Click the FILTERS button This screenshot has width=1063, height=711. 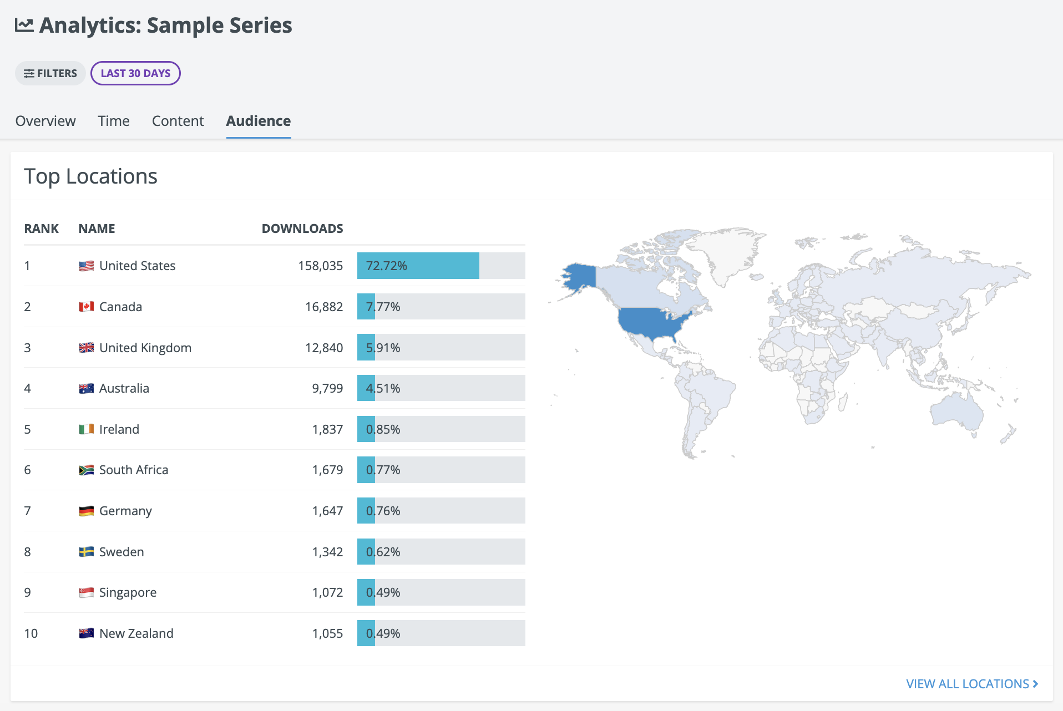pyautogui.click(x=50, y=73)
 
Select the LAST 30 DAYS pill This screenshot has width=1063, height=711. pyautogui.click(x=135, y=73)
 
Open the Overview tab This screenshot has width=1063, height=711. pyautogui.click(x=45, y=121)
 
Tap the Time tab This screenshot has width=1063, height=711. pyautogui.click(x=114, y=121)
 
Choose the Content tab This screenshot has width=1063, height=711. pyautogui.click(x=178, y=121)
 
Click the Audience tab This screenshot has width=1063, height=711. pyautogui.click(x=259, y=121)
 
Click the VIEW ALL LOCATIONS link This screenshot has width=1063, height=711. pyautogui.click(x=972, y=684)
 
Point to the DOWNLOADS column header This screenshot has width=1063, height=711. pyautogui.click(x=302, y=228)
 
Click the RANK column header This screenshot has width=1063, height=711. pyautogui.click(x=42, y=228)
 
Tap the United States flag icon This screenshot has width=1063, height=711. pyautogui.click(x=86, y=266)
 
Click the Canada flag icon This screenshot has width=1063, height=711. pyautogui.click(x=86, y=307)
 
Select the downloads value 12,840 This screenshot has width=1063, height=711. pyautogui.click(x=324, y=348)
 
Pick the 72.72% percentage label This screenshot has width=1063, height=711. pyautogui.click(x=387, y=266)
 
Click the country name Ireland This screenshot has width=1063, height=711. pyautogui.click(x=119, y=429)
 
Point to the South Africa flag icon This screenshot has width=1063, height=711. pyautogui.click(x=86, y=470)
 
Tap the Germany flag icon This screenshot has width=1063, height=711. pyautogui.click(x=86, y=511)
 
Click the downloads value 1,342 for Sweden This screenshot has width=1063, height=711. pyautogui.click(x=327, y=552)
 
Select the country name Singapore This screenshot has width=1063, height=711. pyautogui.click(x=128, y=592)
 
